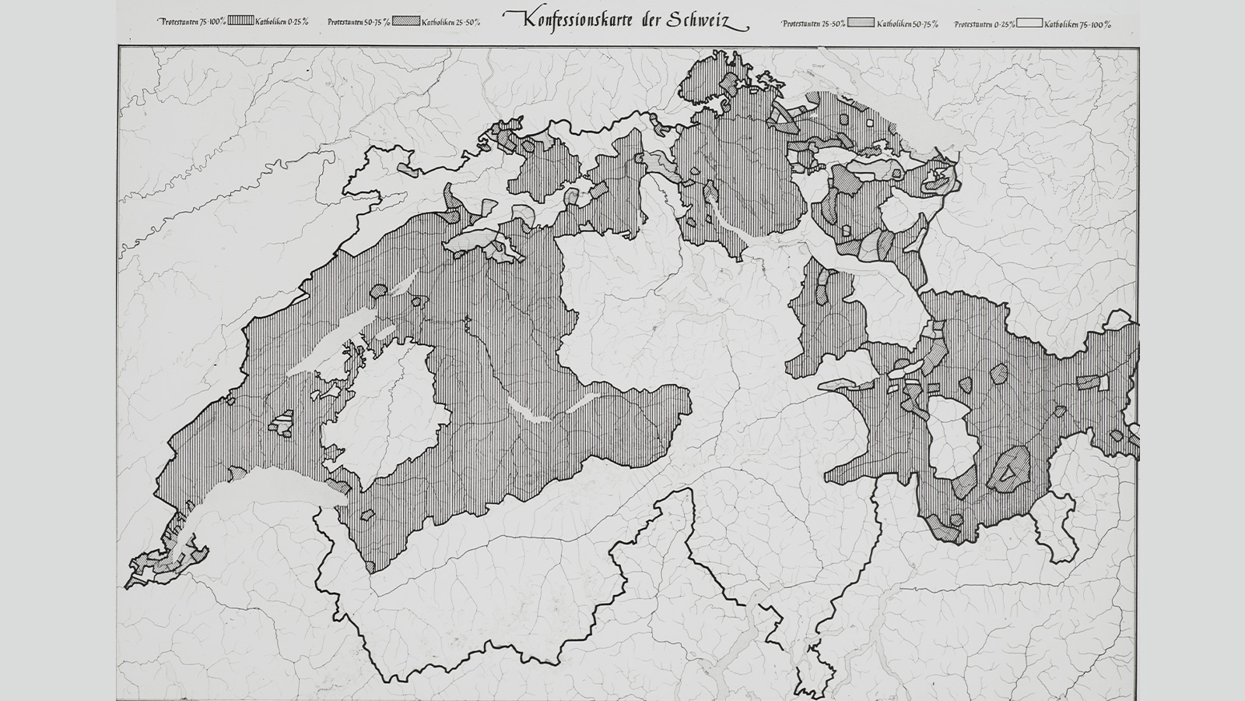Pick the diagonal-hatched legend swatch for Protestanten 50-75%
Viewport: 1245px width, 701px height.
pos(406,22)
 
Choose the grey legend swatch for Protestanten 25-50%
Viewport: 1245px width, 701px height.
pos(861,23)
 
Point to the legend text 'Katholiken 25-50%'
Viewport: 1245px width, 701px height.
pos(451,23)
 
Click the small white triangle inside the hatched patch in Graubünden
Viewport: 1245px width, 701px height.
pos(1009,471)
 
